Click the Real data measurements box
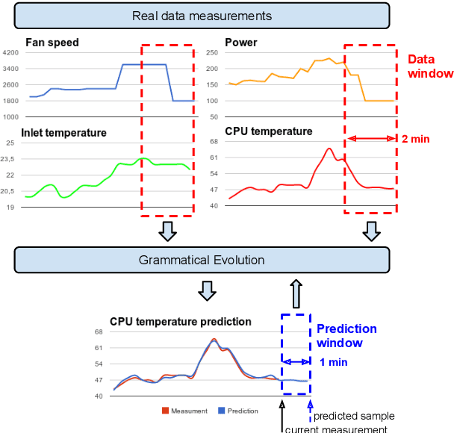pos(202,15)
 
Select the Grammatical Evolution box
pos(202,260)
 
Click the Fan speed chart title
pos(52,43)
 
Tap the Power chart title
pos(240,43)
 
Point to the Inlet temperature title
pos(63,133)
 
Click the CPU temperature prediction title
pos(180,322)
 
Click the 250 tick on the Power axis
pos(211,53)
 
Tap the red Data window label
pos(429,66)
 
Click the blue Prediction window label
pos(346,336)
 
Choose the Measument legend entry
pos(189,411)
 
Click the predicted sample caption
pos(354,416)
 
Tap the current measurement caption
pos(336,428)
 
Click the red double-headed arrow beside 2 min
pos(372,139)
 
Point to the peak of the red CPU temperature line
pos(329,149)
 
